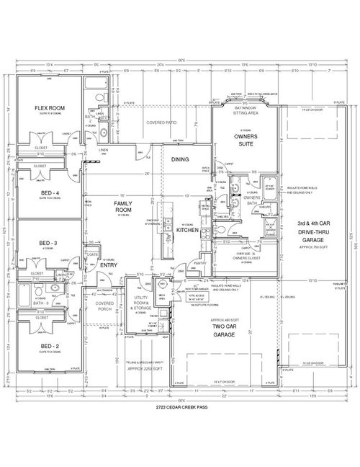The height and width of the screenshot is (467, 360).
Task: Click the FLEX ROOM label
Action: tap(50, 108)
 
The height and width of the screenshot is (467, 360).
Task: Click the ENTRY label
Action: tap(108, 265)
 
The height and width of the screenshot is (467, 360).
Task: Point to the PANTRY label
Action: tap(199, 264)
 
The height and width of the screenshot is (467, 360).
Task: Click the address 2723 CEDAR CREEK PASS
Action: tap(180, 408)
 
